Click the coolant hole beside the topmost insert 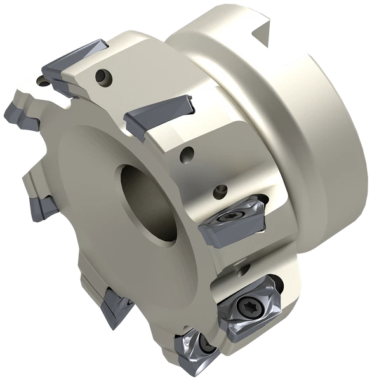(x=102, y=78)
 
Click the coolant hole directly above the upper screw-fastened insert (x=222, y=189)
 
